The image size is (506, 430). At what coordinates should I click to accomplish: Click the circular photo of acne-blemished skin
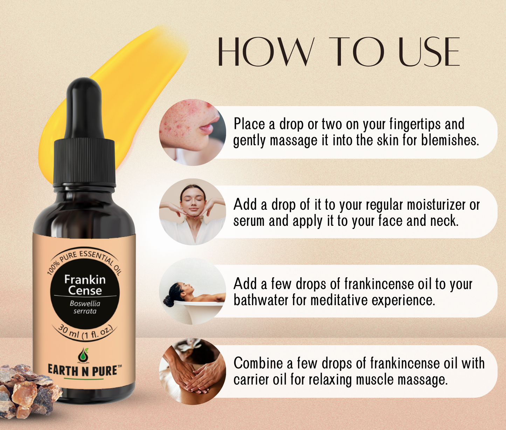coord(192,132)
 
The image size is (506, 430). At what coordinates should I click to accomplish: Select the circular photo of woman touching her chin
coord(192,212)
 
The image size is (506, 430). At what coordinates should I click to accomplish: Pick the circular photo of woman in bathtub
coord(192,292)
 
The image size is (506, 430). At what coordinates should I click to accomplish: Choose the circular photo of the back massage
coord(192,371)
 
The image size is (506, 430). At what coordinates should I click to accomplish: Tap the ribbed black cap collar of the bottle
coord(84,162)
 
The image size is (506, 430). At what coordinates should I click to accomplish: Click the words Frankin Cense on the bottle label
coord(85,285)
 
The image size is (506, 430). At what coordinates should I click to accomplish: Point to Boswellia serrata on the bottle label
coord(85,307)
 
